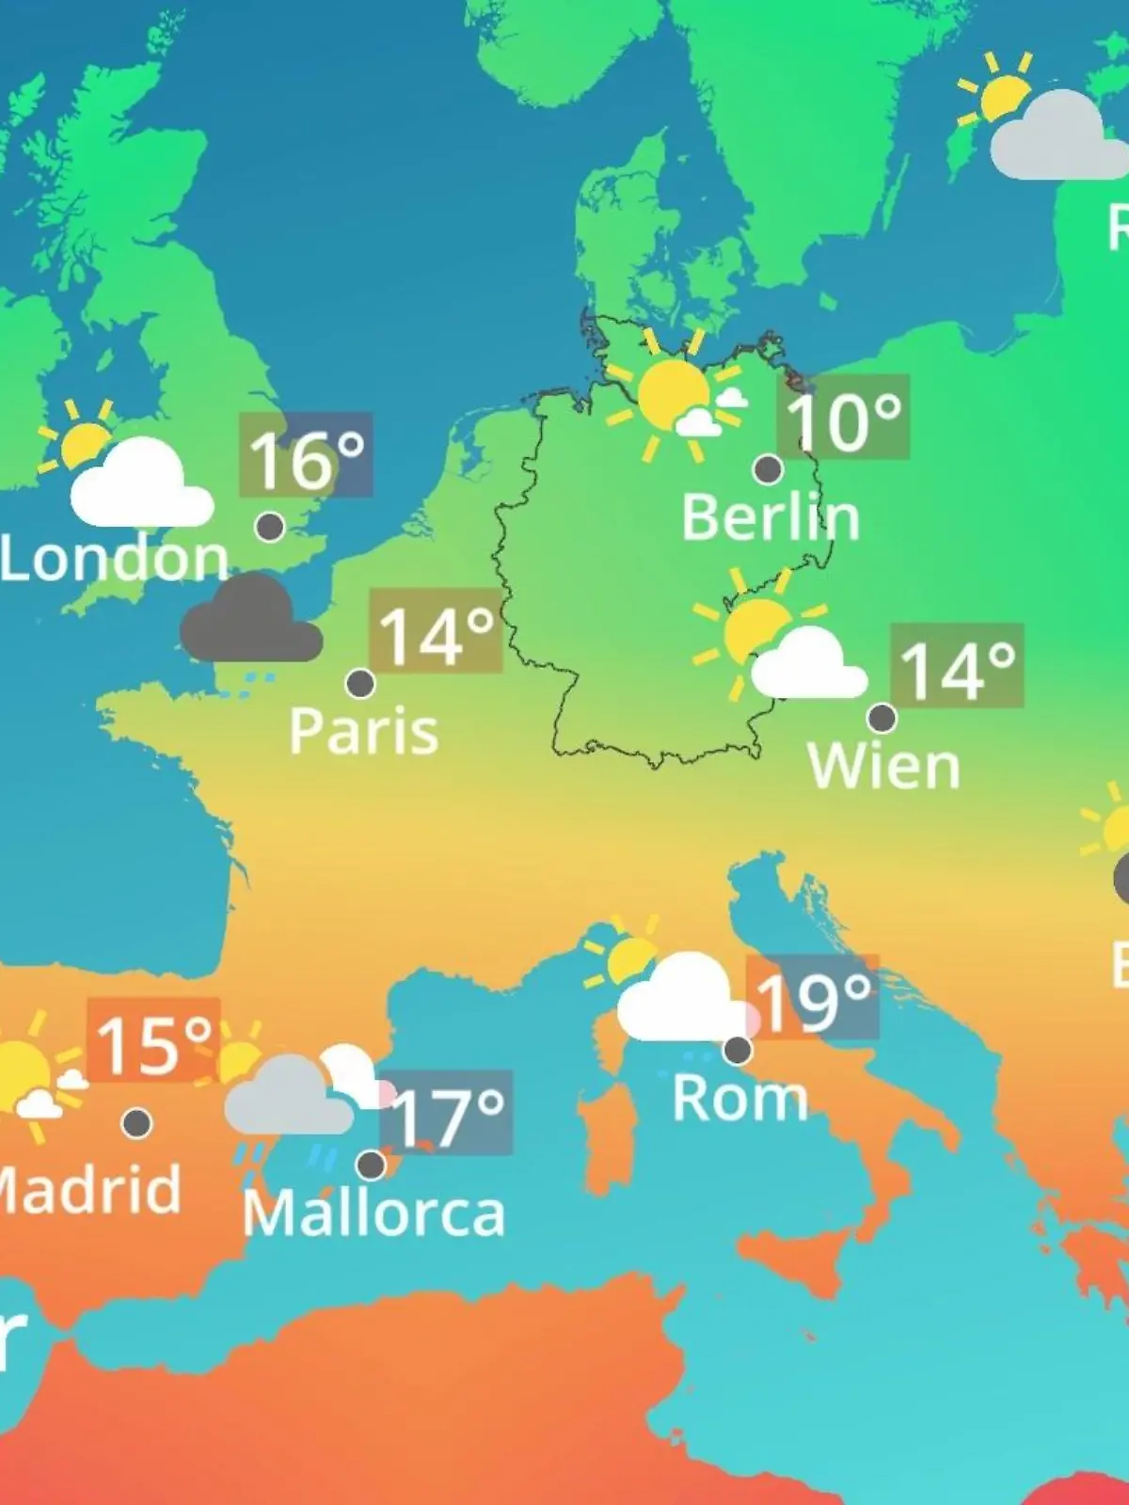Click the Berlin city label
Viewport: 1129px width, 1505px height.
tap(770, 517)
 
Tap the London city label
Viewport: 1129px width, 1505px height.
tap(115, 559)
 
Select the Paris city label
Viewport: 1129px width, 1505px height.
tap(363, 731)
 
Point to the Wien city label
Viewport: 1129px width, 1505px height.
tap(883, 767)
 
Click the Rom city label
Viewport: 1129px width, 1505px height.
tap(739, 1098)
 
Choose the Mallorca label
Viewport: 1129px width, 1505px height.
tap(374, 1213)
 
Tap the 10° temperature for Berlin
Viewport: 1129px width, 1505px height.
tap(843, 418)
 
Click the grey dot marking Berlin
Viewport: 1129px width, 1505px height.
tap(768, 468)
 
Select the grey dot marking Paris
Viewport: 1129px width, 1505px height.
tap(360, 683)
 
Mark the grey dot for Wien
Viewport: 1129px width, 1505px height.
tap(882, 718)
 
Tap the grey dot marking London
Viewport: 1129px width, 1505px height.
tap(270, 527)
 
